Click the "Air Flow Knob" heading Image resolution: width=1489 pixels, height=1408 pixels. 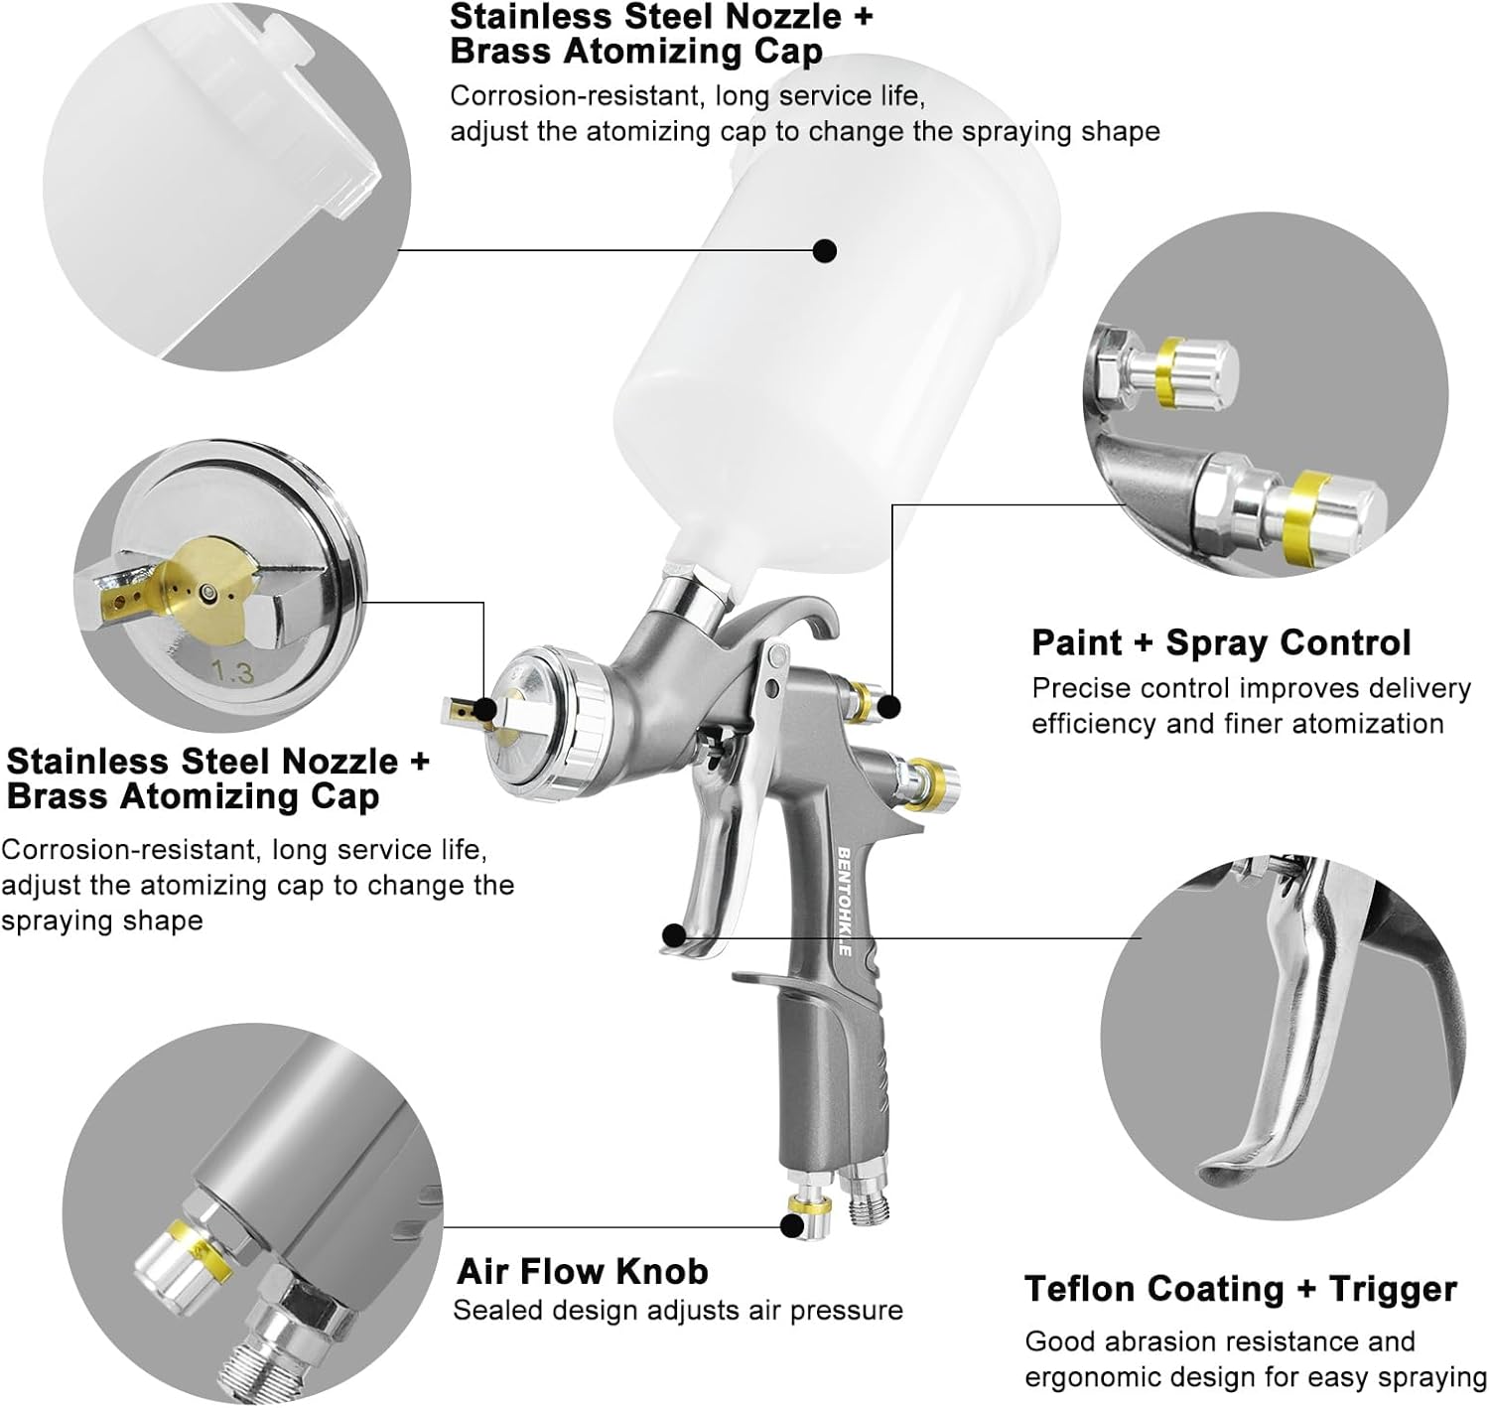coord(582,1271)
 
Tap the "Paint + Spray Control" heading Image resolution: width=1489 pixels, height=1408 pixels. coord(1220,642)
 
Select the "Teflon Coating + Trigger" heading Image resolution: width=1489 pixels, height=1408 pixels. coord(1240,1289)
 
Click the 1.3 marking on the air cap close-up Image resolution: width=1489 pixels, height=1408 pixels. coord(232,672)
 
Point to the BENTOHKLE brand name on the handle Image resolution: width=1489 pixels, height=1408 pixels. coord(844,901)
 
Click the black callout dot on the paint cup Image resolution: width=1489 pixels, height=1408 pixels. coord(824,250)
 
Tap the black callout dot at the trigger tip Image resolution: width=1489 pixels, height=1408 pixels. coord(673,934)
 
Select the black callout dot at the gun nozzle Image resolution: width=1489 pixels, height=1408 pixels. coord(484,709)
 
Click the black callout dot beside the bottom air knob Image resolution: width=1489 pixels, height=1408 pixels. coord(791,1226)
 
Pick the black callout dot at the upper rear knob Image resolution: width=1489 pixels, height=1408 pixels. coord(889,706)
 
